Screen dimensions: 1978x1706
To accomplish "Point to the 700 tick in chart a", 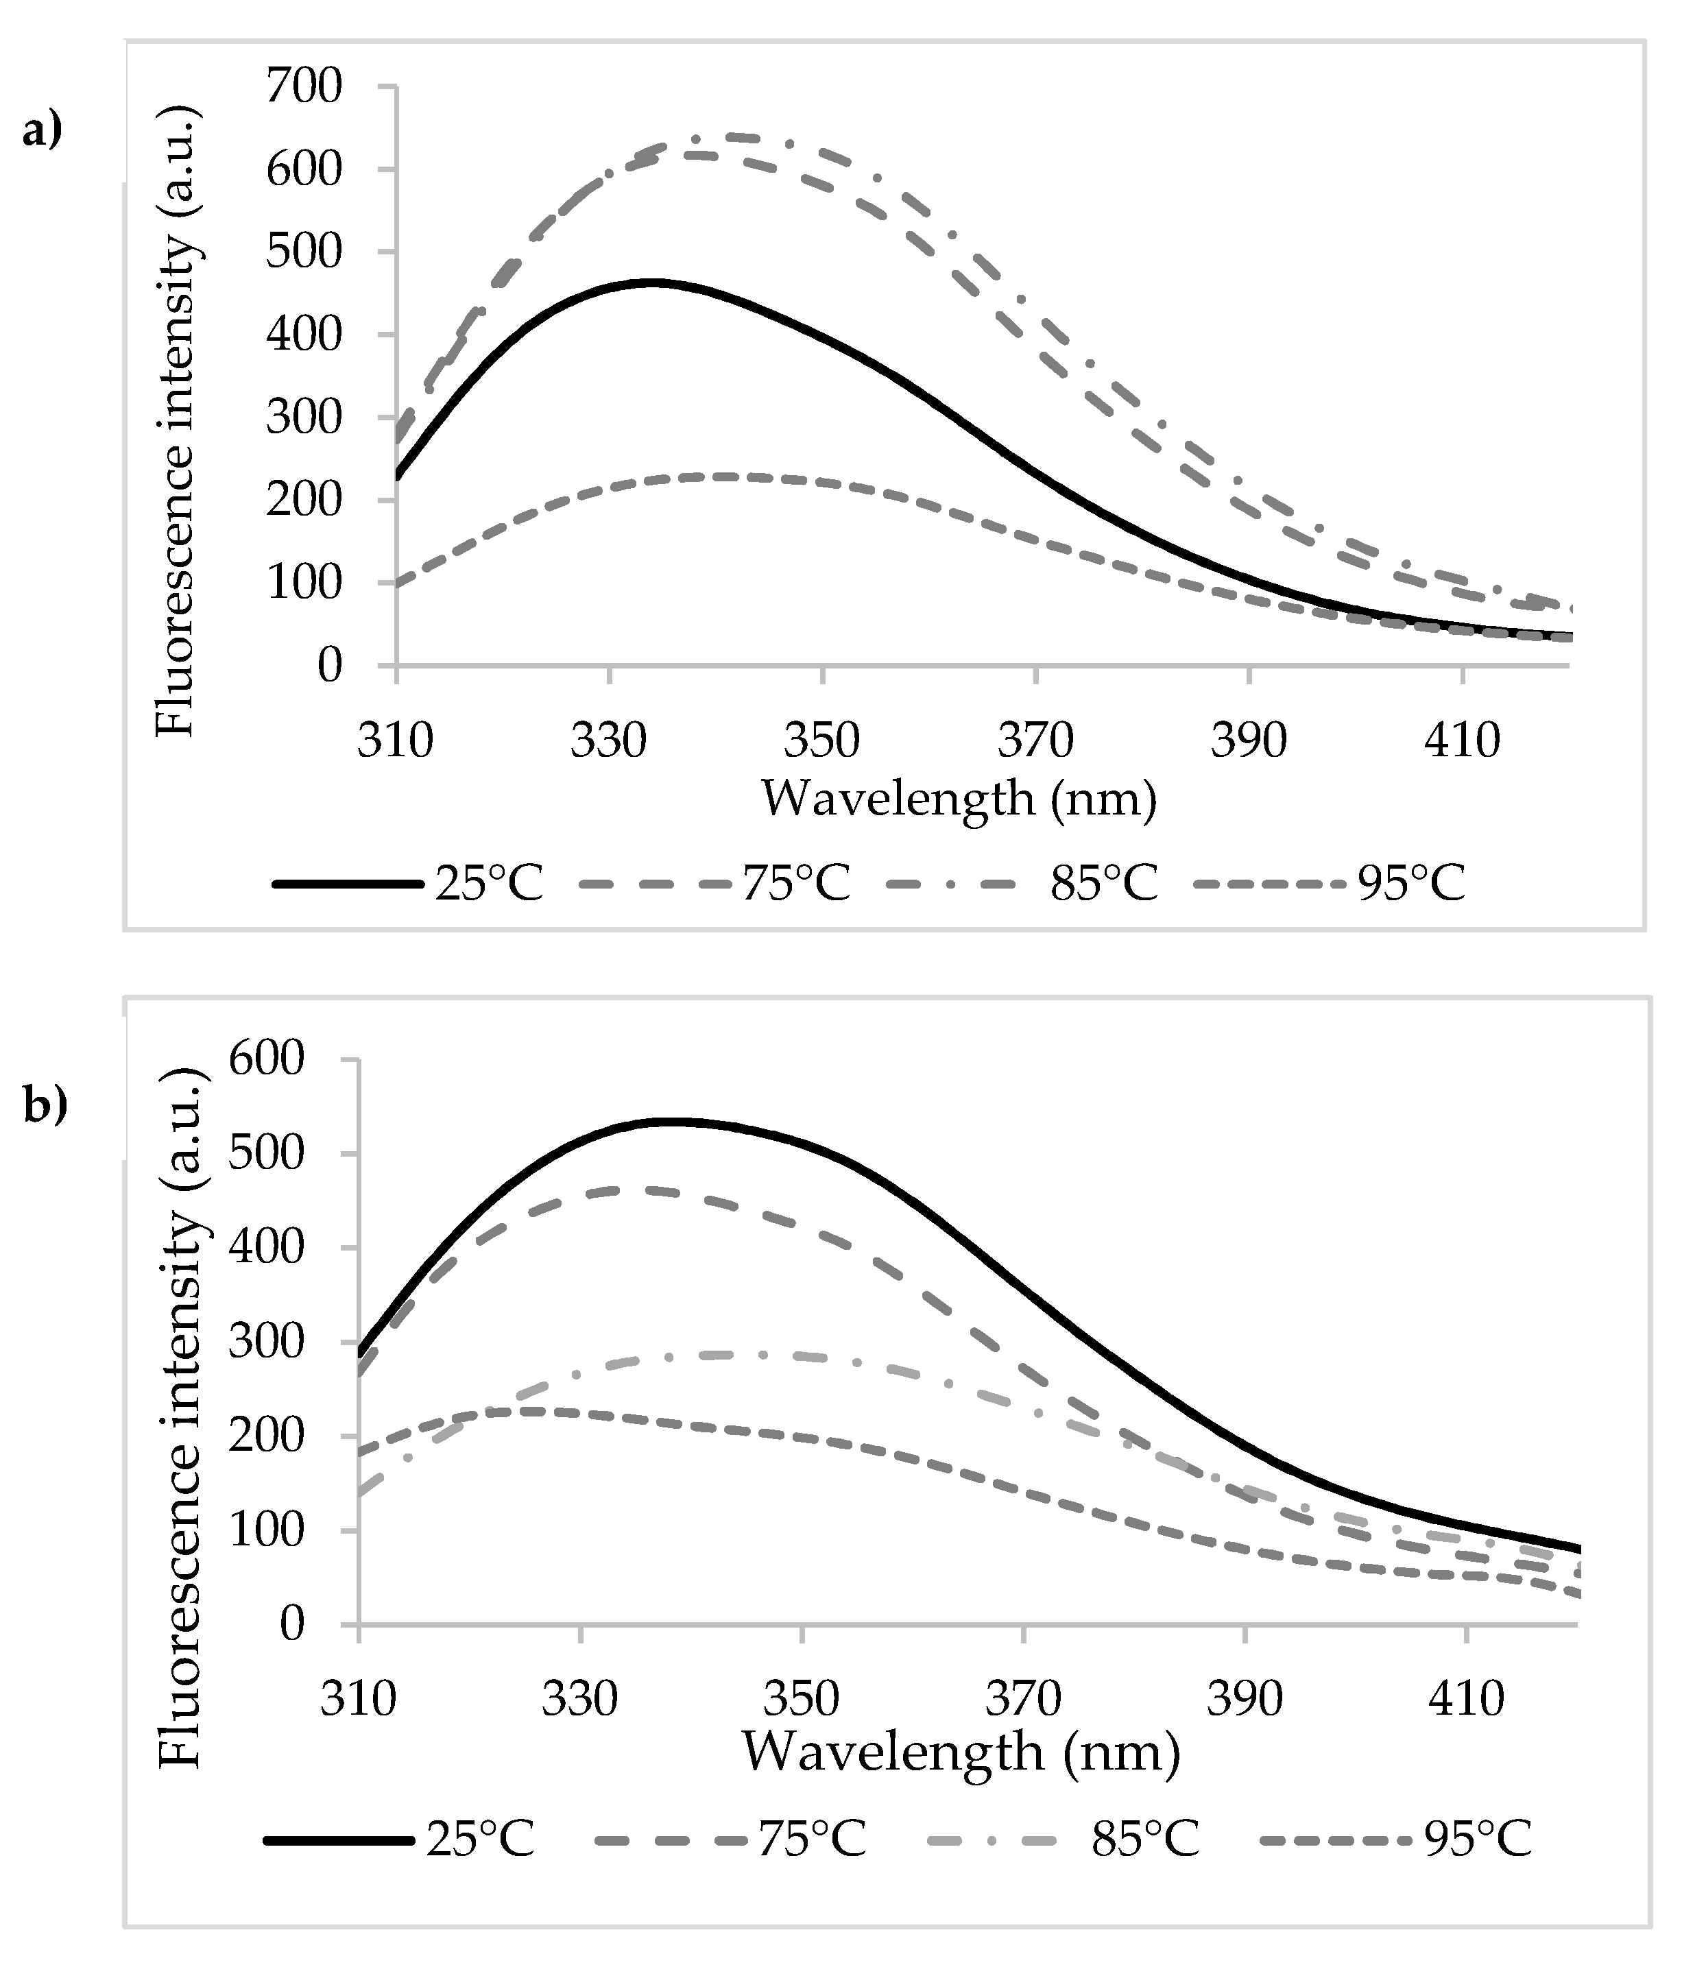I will coord(304,87).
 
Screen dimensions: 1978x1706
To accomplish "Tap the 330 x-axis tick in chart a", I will coord(608,740).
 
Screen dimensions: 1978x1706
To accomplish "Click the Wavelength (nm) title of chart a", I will coord(959,798).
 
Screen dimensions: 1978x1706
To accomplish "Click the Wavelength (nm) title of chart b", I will coord(961,1752).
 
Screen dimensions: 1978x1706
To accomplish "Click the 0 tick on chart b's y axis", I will coord(291,1624).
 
